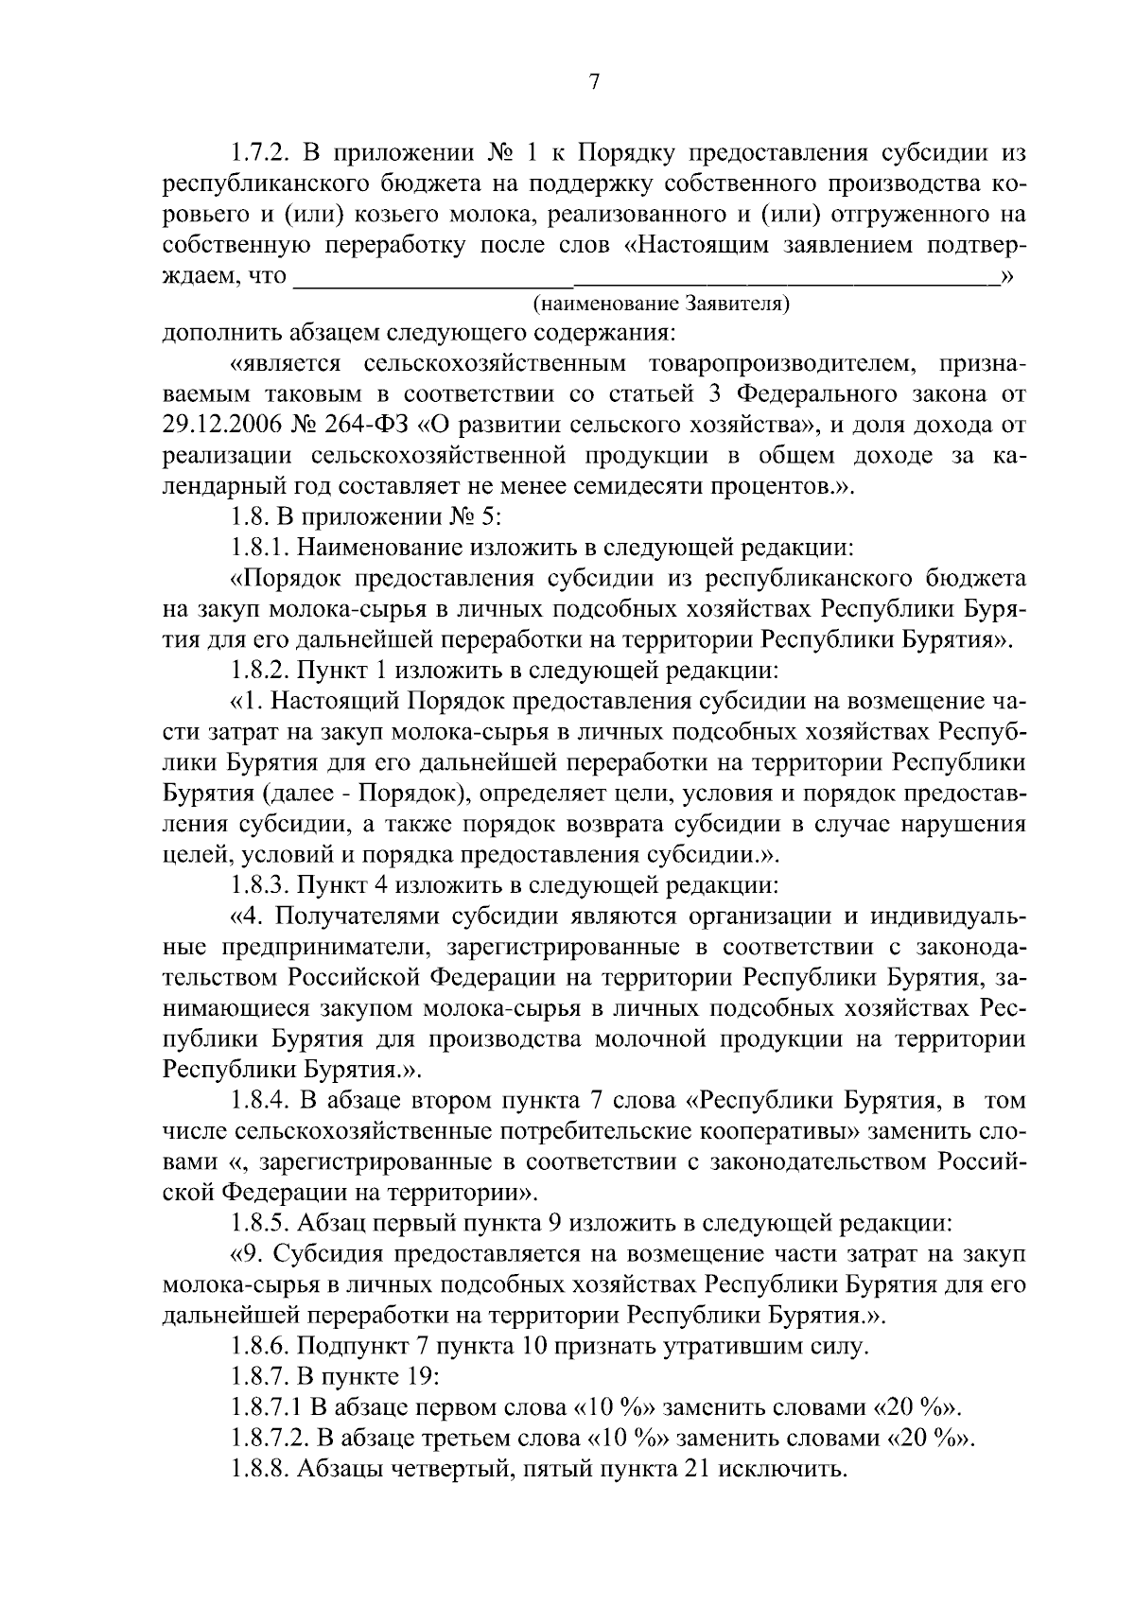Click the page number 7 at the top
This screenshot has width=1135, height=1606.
click(x=594, y=82)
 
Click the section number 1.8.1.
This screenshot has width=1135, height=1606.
click(x=261, y=548)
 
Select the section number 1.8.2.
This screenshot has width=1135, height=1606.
click(x=261, y=672)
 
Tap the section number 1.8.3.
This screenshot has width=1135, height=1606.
click(x=261, y=886)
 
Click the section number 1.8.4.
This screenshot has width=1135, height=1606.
click(x=261, y=1101)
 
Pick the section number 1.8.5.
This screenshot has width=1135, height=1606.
click(x=261, y=1222)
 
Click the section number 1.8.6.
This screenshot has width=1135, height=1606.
click(x=261, y=1346)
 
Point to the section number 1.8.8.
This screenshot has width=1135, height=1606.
click(x=261, y=1469)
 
